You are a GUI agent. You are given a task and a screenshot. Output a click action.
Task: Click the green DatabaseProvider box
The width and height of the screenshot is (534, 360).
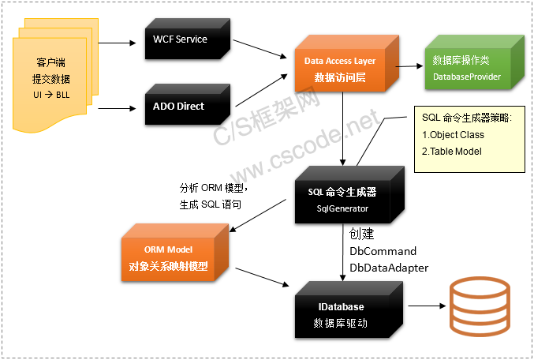click(466, 69)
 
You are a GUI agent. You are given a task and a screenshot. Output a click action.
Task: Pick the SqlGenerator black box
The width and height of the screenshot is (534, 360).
click(341, 200)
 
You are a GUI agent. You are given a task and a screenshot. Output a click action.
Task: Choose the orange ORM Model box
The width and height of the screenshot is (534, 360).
click(169, 258)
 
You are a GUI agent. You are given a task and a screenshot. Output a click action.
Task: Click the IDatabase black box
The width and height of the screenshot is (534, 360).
click(341, 313)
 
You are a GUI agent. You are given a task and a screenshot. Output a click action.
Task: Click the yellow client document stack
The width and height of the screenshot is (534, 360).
click(52, 78)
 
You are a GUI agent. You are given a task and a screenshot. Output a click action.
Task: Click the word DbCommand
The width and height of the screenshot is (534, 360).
click(383, 251)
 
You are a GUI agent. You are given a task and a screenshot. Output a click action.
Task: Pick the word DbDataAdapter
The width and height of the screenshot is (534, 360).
click(389, 268)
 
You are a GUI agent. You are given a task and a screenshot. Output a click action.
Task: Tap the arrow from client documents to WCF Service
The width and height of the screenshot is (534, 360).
click(118, 40)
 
